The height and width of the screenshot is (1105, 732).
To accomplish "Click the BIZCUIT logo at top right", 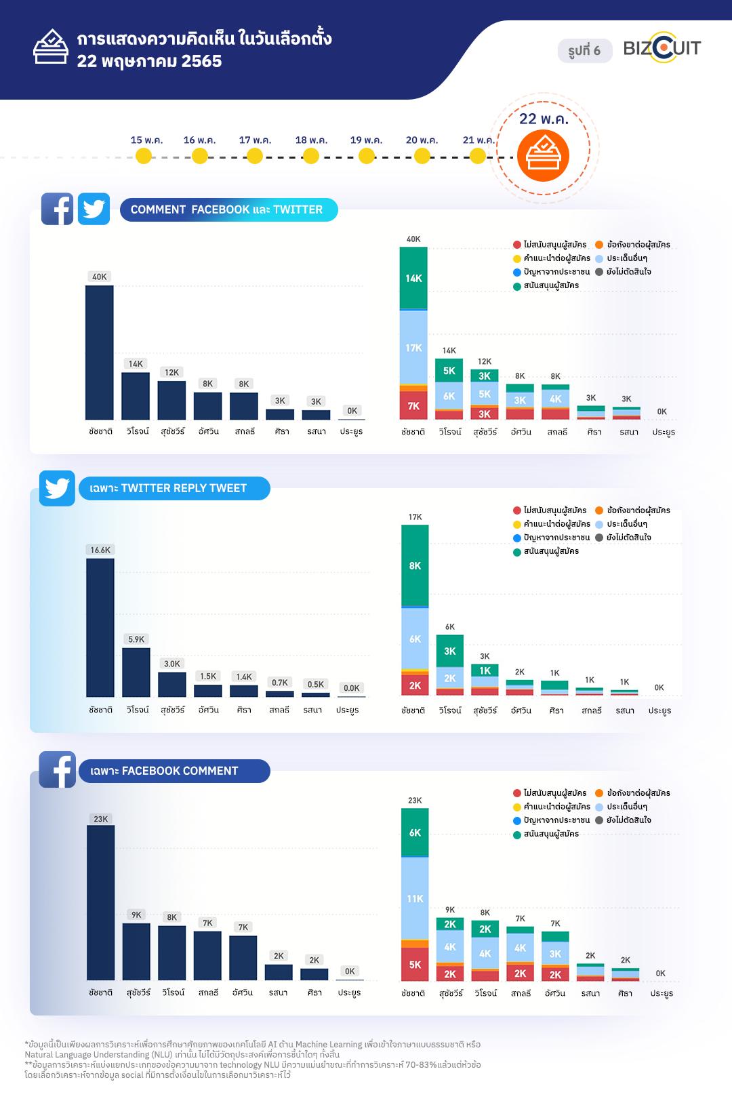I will point(662,48).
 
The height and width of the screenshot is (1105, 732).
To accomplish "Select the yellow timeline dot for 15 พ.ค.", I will point(144,156).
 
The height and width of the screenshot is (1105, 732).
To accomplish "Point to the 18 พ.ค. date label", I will point(311,140).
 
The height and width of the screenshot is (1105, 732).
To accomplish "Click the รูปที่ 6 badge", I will point(584,51).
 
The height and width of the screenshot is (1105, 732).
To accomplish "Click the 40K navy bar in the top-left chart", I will point(100,353).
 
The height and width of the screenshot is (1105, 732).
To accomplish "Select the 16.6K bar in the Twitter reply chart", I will point(100,627).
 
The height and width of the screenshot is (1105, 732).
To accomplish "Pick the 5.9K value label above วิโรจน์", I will point(136,639).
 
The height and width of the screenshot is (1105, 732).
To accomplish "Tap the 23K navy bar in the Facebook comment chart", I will point(101,902).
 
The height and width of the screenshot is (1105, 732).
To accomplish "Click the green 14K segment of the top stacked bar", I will point(413,278).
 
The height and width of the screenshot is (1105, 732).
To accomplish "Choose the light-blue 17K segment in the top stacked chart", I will point(413,348).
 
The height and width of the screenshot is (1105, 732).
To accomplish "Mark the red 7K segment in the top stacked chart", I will point(413,405).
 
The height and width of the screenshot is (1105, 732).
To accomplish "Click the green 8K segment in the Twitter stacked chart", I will point(415,565).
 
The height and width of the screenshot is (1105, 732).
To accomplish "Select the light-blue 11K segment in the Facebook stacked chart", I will point(415,898).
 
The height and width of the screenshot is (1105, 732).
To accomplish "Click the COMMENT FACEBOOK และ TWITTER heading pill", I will point(228,209).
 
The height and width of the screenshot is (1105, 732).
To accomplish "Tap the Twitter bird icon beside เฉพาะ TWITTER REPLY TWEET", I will point(57,488).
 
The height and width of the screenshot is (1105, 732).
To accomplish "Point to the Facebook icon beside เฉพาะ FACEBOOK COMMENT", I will point(57,769).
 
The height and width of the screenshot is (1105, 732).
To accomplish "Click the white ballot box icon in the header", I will point(50,47).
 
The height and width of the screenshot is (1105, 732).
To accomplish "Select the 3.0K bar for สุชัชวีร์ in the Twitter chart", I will point(172,684).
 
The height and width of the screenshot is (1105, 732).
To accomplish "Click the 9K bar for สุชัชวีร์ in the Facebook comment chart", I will point(136,951).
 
